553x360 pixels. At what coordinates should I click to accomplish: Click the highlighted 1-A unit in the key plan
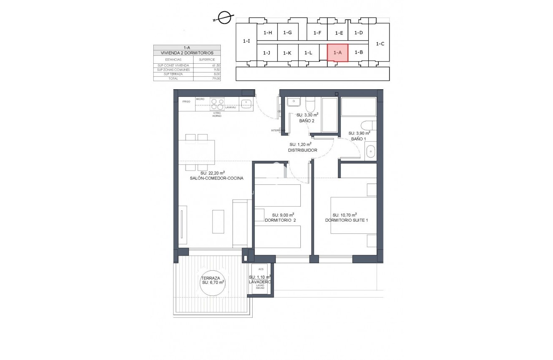[337, 53]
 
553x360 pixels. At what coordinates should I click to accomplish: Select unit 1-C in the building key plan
[380, 44]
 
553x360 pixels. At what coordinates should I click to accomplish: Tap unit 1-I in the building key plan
[246, 41]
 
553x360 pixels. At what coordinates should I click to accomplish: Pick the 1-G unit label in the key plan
[287, 33]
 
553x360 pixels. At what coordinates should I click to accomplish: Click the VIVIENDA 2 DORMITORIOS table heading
[187, 53]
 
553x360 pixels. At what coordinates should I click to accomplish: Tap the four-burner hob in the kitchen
[217, 104]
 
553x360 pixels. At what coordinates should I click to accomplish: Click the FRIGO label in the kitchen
[186, 101]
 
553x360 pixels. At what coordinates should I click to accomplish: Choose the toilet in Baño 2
[310, 104]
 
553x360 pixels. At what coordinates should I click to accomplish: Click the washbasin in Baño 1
[370, 151]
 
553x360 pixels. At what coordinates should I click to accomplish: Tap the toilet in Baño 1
[368, 125]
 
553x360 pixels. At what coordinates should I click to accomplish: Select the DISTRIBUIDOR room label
[302, 150]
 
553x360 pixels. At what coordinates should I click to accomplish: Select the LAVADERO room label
[260, 282]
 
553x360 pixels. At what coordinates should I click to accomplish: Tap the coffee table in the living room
[218, 221]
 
